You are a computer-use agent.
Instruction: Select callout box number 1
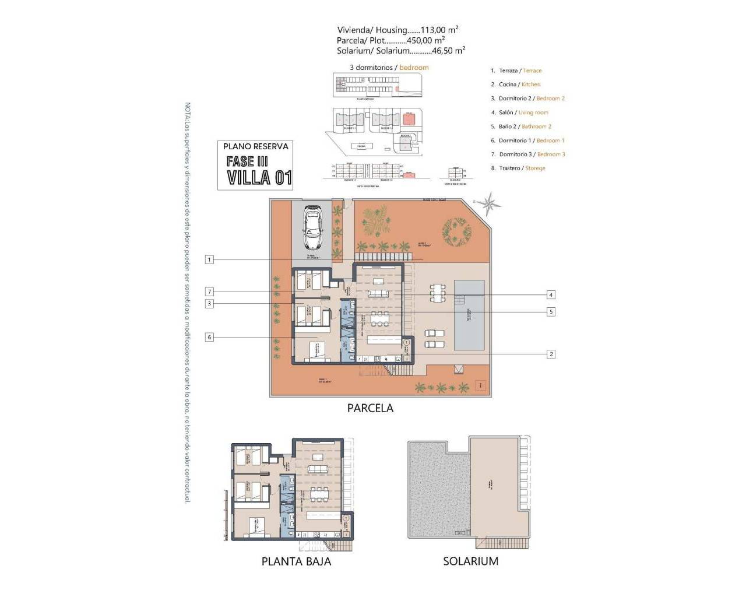click(209, 259)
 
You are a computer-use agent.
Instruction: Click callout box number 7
click(209, 292)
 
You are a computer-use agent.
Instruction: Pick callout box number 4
click(551, 295)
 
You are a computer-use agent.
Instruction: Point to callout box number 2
click(551, 354)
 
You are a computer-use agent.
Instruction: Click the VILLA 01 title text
click(259, 177)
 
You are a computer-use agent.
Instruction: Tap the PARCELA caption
click(370, 409)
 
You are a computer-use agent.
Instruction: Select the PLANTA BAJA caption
click(296, 561)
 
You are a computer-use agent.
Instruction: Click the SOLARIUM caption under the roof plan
click(470, 561)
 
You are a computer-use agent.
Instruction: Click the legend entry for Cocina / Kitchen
click(519, 85)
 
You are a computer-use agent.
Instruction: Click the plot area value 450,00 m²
click(425, 40)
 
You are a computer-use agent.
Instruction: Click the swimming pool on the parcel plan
click(469, 315)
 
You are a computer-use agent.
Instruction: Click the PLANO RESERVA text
click(256, 147)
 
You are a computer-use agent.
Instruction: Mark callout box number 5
click(551, 312)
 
